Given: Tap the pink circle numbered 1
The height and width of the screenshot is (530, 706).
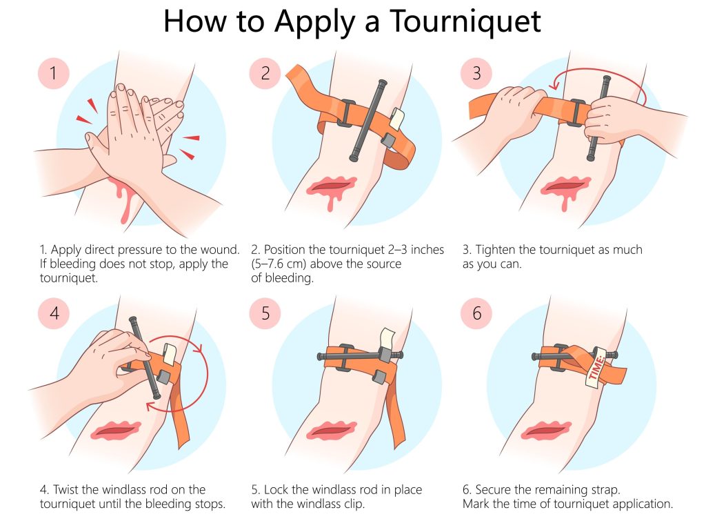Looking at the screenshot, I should click(x=54, y=72).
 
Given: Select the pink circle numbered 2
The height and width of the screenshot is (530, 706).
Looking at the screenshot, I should click(x=265, y=72).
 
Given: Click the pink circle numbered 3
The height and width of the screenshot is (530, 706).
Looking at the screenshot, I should click(x=476, y=72).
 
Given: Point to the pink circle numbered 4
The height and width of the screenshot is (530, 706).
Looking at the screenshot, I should click(x=54, y=314).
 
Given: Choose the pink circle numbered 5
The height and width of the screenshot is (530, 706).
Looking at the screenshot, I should click(x=265, y=314).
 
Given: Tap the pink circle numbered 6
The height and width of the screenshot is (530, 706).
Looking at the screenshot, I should click(x=476, y=314).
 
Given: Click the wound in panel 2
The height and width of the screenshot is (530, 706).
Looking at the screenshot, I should click(x=334, y=187).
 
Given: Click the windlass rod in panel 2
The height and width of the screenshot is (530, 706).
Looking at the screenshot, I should click(x=365, y=121).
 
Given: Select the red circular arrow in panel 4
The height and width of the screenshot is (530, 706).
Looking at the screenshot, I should click(x=200, y=373).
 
